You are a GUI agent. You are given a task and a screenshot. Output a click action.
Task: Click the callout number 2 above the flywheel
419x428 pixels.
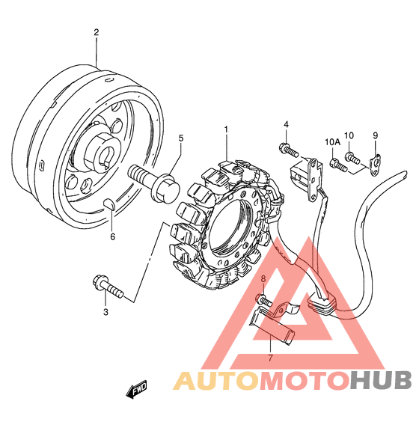point(96,32)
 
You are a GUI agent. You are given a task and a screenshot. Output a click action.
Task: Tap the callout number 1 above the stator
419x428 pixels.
point(226,129)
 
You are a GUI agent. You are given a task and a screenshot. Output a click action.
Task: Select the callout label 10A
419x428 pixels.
point(333,141)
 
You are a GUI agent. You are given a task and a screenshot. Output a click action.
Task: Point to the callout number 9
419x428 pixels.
point(376,135)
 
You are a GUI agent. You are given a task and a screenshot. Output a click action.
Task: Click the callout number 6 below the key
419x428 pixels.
point(112,236)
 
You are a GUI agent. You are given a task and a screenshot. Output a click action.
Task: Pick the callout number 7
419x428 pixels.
point(270,358)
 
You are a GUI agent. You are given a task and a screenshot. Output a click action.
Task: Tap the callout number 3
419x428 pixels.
point(105,312)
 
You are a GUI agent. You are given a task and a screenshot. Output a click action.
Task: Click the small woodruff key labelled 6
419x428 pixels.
point(110,204)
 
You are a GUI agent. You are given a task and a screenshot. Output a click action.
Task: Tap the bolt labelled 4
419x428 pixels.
point(289,150)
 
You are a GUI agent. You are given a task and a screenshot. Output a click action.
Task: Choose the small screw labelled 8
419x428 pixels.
point(264,300)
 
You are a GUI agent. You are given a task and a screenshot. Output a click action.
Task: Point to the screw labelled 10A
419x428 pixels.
point(338,165)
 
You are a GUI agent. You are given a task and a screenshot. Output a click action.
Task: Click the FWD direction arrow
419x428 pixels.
point(136,388)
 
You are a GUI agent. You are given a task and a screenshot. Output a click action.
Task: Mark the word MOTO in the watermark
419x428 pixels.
point(304,379)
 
